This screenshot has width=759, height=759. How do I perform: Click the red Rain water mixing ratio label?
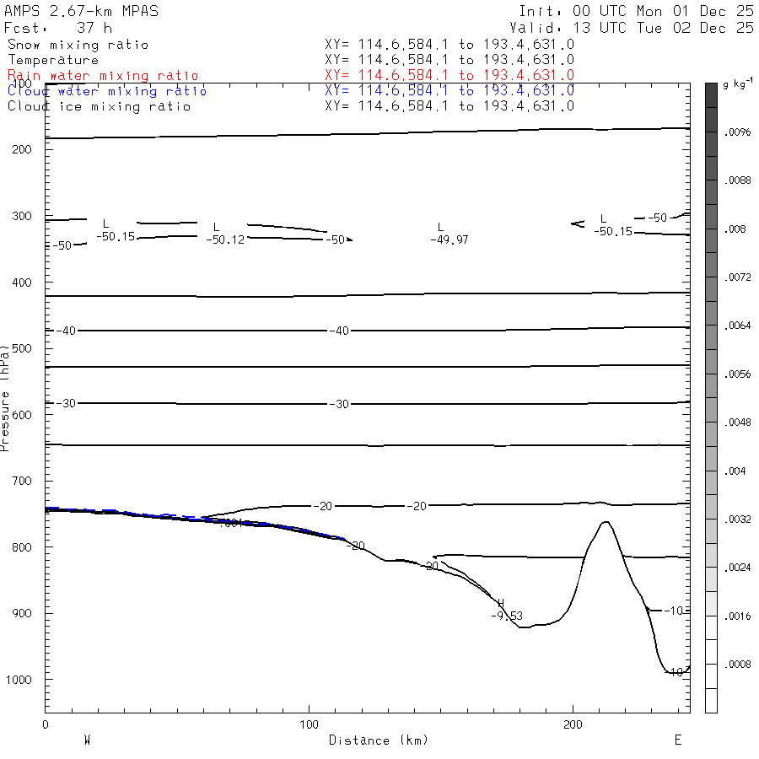pos(103,76)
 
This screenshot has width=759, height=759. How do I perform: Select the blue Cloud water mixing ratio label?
pos(107,91)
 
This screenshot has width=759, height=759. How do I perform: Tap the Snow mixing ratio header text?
pos(78,45)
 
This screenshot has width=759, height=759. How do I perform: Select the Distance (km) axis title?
pos(379,740)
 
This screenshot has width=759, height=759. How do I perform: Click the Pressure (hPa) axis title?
pos(6,396)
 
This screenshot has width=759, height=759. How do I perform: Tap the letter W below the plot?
pos(87,740)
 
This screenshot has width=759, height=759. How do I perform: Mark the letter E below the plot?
pos(677,740)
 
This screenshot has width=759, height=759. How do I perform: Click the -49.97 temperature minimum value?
pos(449,240)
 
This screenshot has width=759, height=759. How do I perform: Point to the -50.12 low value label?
pos(225,240)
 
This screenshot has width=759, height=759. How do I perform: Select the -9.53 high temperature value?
pos(507,616)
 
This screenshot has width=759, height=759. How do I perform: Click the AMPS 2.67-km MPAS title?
pos(81,11)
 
